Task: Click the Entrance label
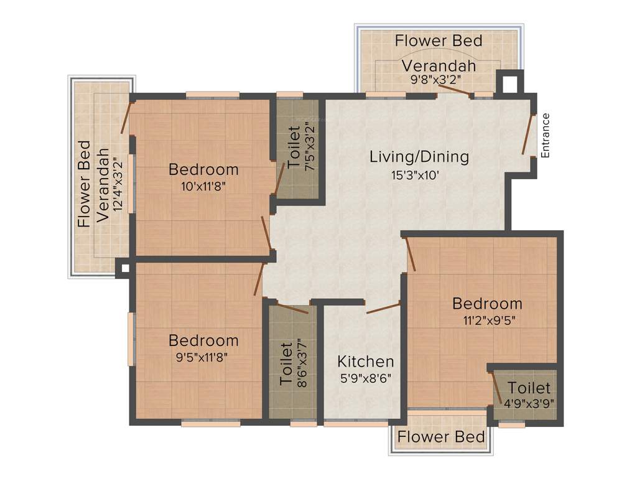(x=546, y=135)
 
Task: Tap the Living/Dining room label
(x=419, y=157)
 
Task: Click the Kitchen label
(x=365, y=362)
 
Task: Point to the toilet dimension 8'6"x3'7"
(x=303, y=362)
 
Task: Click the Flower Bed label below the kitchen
(x=441, y=437)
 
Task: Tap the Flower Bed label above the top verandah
(x=439, y=41)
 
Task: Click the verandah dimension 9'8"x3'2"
(x=439, y=80)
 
